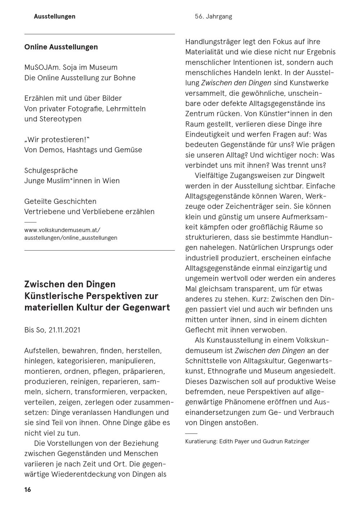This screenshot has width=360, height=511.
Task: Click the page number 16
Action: click(x=28, y=490)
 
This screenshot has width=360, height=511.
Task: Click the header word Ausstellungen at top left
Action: click(x=55, y=16)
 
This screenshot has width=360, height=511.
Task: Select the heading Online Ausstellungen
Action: click(x=61, y=47)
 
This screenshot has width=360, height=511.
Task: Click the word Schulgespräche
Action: click(x=51, y=170)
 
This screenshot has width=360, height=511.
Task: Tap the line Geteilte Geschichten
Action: click(x=60, y=201)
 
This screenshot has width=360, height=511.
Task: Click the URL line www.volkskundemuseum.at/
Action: click(x=62, y=230)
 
